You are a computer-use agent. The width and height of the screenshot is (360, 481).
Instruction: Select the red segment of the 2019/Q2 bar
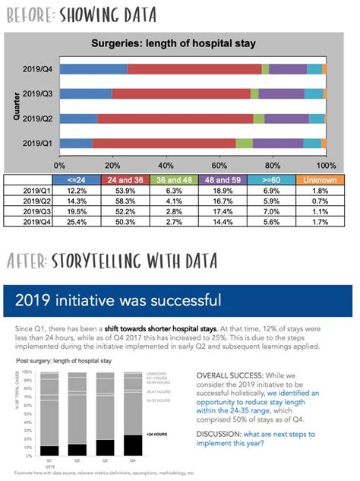(x=175, y=119)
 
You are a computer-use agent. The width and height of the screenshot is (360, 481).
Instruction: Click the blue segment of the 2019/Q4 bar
(x=93, y=69)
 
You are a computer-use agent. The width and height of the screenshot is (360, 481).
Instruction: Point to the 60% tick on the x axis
(x=219, y=164)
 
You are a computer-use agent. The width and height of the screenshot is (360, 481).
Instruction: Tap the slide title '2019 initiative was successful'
(x=118, y=299)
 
